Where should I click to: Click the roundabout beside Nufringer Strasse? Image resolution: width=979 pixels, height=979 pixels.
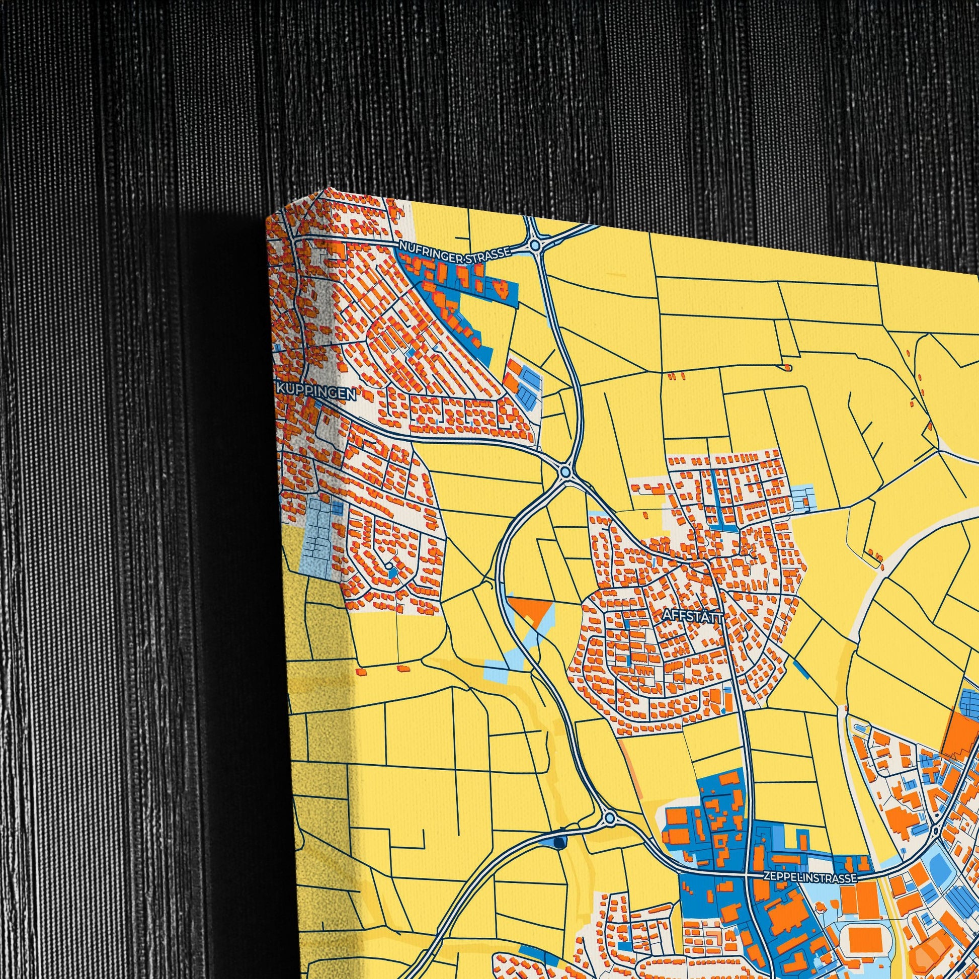tap(535, 246)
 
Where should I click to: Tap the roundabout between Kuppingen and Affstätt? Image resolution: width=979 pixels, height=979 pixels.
tap(566, 472)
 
